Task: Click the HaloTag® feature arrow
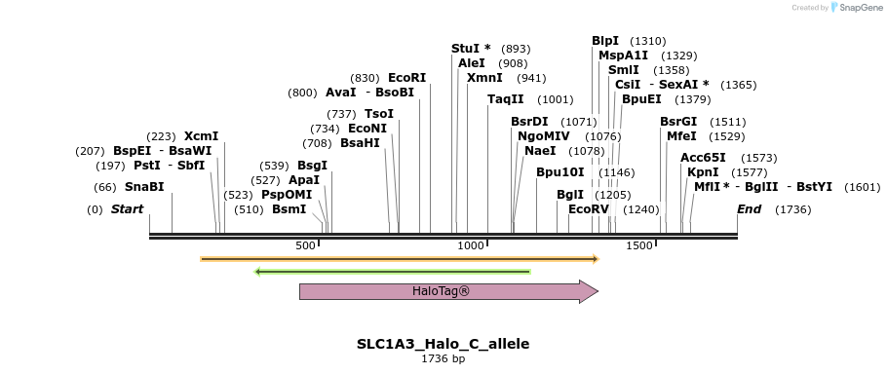click(448, 291)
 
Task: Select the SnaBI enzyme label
click(144, 186)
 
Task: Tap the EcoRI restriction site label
click(406, 77)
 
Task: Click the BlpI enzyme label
click(605, 41)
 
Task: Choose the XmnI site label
click(484, 77)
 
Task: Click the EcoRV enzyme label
click(588, 208)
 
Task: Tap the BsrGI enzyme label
click(677, 121)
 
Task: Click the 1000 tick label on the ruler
click(471, 245)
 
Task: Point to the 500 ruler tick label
click(306, 245)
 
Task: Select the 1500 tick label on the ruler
click(638, 245)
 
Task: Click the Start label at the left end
click(127, 208)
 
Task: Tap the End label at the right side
click(750, 208)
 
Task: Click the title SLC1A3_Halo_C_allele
click(443, 344)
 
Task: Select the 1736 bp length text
click(443, 358)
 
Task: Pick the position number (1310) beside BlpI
click(648, 41)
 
